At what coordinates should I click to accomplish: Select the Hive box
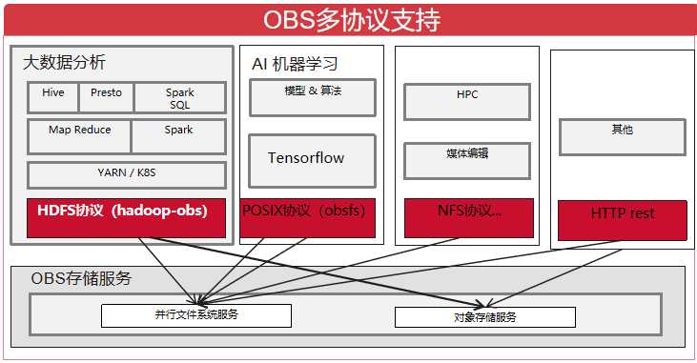pos(53,97)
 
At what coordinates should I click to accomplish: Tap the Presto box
pos(106,97)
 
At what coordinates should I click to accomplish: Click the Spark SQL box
pos(179,98)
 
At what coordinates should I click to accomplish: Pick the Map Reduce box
pos(79,136)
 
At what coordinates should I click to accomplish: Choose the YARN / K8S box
pos(126,174)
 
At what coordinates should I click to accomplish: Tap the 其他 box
pos(622,136)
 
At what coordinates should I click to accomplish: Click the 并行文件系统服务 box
pos(196,315)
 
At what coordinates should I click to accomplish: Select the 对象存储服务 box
pos(484,317)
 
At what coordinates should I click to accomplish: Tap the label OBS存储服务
pos(81,278)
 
